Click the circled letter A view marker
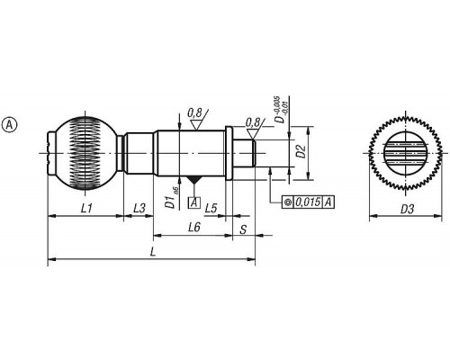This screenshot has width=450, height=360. pos(10,125)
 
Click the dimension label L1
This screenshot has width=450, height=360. pos(86,208)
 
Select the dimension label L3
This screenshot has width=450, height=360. pos(139,208)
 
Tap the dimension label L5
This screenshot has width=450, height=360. pos(211,208)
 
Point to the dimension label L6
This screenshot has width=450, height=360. pos(194,228)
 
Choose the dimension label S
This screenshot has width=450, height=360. pos(243,229)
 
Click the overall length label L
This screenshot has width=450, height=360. pos(153,252)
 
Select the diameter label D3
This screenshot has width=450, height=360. pos(407,209)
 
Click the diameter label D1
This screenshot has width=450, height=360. pos(172,198)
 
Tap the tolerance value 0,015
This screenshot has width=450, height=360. pos(308,202)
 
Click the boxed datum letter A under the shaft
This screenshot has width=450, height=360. pos(194,202)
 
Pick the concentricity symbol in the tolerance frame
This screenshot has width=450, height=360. pos(288,202)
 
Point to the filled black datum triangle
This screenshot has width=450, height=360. pos(194,180)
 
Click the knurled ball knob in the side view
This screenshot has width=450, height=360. pos(85,154)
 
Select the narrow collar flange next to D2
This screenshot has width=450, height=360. pos(229,153)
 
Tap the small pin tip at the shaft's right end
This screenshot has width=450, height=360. pos(244,153)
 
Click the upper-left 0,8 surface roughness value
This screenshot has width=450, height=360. pos(194,113)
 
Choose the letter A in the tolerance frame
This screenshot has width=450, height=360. pos(328,202)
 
